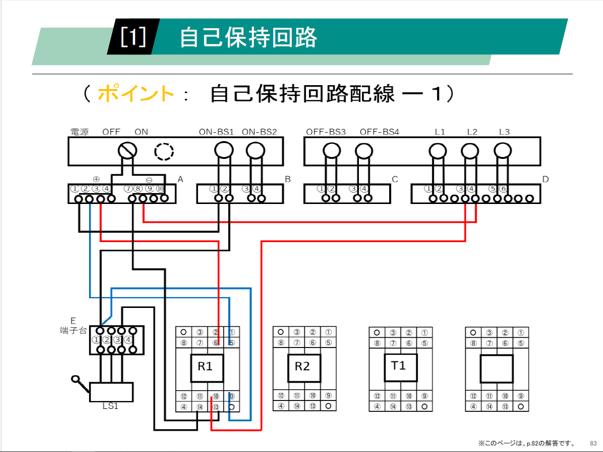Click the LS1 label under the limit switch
click(x=111, y=406)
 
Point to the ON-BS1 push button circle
click(x=223, y=150)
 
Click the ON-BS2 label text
click(x=259, y=132)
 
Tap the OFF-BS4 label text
click(x=379, y=132)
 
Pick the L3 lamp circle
click(x=502, y=150)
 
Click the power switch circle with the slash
click(x=128, y=150)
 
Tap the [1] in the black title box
click(x=133, y=38)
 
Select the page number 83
click(x=593, y=442)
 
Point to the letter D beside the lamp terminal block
click(x=546, y=179)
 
